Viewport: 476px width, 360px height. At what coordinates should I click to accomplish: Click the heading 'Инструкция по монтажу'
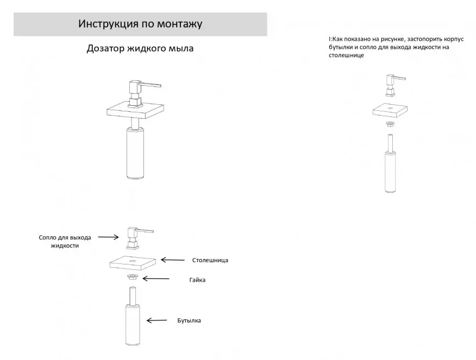pyautogui.click(x=140, y=24)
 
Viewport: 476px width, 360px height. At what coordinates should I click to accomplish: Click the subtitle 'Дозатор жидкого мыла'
pyautogui.click(x=140, y=48)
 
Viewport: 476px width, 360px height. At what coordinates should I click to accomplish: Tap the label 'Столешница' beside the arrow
pyautogui.click(x=210, y=260)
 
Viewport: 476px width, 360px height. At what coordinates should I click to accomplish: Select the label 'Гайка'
pyautogui.click(x=197, y=280)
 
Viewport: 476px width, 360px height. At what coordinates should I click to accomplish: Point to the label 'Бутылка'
pyautogui.click(x=189, y=320)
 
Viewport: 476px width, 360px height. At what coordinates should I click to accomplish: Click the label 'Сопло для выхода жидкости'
pyautogui.click(x=65, y=242)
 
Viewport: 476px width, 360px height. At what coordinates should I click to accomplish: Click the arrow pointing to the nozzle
pyautogui.click(x=108, y=237)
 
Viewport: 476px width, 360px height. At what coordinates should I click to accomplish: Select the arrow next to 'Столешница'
pyautogui.click(x=172, y=260)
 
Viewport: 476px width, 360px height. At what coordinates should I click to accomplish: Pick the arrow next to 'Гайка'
pyautogui.click(x=156, y=279)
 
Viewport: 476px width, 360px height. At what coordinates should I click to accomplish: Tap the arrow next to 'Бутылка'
pyautogui.click(x=156, y=320)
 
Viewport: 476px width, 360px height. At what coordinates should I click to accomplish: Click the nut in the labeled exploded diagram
pyautogui.click(x=133, y=277)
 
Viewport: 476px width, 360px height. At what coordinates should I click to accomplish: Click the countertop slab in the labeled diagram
pyautogui.click(x=133, y=262)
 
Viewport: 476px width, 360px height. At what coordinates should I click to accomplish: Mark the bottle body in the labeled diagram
pyautogui.click(x=133, y=325)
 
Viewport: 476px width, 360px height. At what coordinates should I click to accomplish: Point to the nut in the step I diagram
pyautogui.click(x=390, y=124)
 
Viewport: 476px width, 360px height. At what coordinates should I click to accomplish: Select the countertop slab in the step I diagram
pyautogui.click(x=390, y=110)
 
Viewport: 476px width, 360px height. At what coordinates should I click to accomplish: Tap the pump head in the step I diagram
pyautogui.click(x=393, y=85)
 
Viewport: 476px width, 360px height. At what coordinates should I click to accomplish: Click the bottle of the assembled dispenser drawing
pyautogui.click(x=135, y=153)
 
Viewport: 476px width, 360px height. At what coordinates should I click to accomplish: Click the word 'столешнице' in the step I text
pyautogui.click(x=346, y=55)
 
